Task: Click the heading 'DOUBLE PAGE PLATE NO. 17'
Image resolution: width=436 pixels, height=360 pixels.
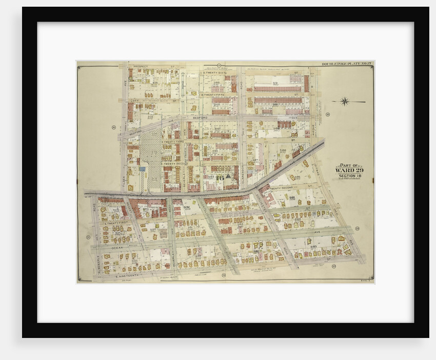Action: [347, 64]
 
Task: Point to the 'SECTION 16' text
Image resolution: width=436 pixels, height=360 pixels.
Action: [349, 175]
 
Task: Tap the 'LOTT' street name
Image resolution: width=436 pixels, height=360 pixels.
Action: [134, 101]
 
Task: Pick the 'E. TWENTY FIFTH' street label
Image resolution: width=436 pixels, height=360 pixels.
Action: [214, 95]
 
